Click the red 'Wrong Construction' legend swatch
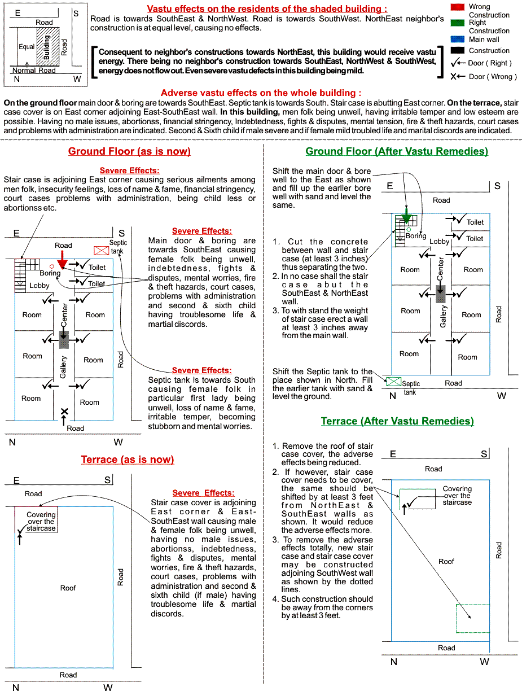coord(458,7)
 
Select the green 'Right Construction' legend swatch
coord(458,23)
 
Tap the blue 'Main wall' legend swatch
coord(458,40)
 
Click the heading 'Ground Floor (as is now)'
coord(129,151)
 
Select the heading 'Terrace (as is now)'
coord(128,460)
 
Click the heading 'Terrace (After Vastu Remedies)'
coord(397,421)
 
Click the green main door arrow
coord(406,218)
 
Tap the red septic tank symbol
coord(102,250)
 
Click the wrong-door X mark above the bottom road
coord(64,412)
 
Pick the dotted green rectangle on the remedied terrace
coord(473,618)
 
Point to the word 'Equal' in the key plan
coord(27,47)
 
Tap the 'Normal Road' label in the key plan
coord(34,71)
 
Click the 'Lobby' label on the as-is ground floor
coord(40,286)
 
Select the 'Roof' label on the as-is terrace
coord(68,588)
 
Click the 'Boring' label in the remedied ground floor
coord(416,236)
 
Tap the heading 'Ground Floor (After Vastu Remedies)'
coord(397,151)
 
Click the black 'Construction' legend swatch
coord(458,50)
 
